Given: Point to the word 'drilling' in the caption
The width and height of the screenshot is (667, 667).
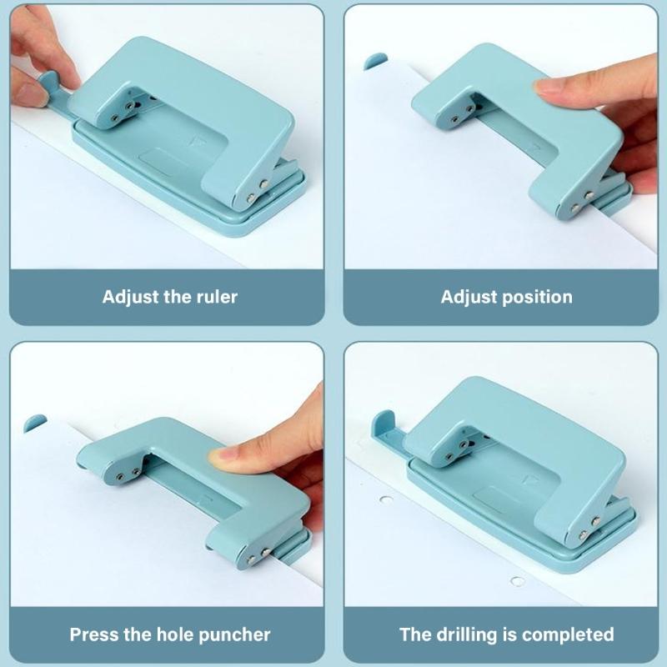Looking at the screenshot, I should (464, 634).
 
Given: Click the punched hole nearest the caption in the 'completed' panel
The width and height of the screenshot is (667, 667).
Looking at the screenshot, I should (519, 581).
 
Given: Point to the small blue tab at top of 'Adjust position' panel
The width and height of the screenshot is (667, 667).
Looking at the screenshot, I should (375, 60).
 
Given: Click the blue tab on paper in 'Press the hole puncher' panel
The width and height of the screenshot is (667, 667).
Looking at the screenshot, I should (35, 423).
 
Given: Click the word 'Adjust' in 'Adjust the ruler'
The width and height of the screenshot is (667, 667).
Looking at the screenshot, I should (130, 297).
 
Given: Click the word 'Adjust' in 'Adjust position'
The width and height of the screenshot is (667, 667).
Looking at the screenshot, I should (469, 297).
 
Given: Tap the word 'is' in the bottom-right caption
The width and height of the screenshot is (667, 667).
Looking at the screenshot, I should (510, 634).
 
